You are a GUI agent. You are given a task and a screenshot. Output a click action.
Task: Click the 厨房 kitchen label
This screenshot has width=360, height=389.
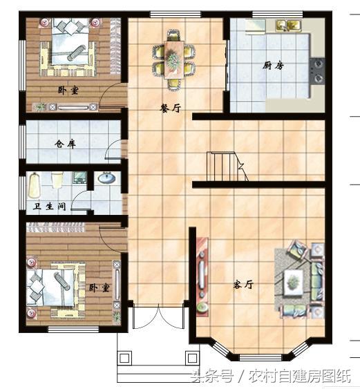click(x=273, y=66)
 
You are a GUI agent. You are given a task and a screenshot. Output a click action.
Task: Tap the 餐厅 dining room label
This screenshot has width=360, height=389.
click(x=171, y=108)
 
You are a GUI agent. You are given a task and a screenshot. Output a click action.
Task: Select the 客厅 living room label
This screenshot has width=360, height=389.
click(x=243, y=284)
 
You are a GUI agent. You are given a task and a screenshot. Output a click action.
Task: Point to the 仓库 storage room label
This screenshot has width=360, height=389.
click(x=65, y=144)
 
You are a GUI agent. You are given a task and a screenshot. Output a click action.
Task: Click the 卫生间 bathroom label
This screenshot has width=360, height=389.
click(x=50, y=206)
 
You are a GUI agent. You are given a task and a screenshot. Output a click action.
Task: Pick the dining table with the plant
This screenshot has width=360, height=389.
click(x=173, y=60)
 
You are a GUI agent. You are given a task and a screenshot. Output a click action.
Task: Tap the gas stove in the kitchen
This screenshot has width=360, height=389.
click(x=317, y=71)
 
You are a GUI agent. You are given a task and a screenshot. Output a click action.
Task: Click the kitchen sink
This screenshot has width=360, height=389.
click(x=289, y=26)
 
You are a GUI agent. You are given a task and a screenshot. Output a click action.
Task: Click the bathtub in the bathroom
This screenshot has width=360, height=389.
click(x=35, y=186)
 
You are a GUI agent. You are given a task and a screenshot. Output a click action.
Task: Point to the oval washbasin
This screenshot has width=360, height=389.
click(x=106, y=178)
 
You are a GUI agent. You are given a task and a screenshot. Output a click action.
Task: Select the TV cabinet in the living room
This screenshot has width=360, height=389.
click(x=202, y=277)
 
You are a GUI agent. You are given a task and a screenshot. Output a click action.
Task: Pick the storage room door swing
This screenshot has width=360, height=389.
click(x=113, y=149)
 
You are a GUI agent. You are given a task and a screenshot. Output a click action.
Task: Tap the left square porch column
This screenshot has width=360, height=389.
click(x=124, y=358)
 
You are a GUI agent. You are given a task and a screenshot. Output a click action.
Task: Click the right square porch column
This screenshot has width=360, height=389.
click(x=192, y=358)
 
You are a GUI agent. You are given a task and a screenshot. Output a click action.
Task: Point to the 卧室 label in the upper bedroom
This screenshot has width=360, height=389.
click(x=68, y=91)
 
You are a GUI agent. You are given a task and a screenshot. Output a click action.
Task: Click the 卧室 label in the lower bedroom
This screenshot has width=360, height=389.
click(x=99, y=288)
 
